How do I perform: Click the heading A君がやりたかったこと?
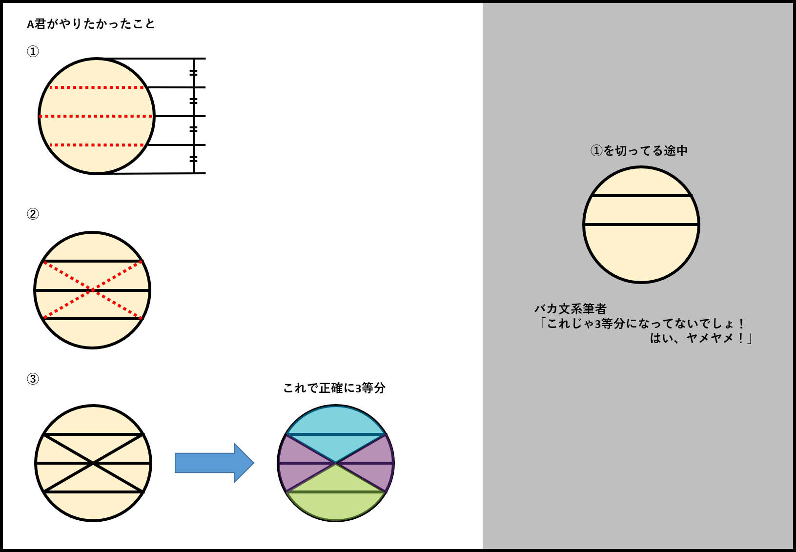tap(91, 24)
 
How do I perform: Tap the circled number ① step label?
tap(33, 52)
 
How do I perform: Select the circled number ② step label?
tap(33, 214)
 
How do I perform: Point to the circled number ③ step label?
tap(33, 379)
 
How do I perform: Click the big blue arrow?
tap(214, 463)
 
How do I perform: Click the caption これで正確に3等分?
tap(334, 388)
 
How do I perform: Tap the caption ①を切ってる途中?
tap(638, 151)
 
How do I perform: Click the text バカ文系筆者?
tap(571, 309)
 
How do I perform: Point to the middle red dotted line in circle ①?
tap(96, 116)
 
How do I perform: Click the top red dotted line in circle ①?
tap(97, 87)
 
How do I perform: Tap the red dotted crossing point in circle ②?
tap(92, 290)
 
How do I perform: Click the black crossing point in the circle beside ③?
tap(93, 463)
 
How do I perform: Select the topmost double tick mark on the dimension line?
tap(193, 73)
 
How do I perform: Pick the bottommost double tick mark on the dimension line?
tap(193, 159)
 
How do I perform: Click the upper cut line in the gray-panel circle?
tap(641, 196)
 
